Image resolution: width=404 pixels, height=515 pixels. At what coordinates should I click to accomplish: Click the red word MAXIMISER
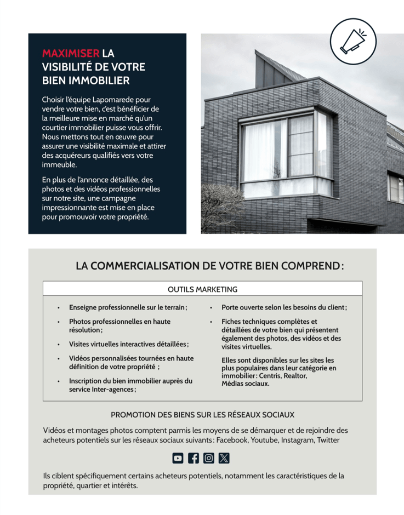[x=71, y=54]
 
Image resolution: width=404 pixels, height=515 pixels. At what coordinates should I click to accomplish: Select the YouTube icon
[x=178, y=458]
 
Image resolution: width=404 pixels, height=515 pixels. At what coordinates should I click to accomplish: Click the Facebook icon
[x=194, y=458]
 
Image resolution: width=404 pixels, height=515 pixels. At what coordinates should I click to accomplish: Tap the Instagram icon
[x=209, y=458]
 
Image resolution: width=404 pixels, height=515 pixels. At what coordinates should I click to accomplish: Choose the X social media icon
[x=224, y=458]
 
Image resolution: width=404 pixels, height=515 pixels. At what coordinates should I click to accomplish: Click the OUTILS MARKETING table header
[x=202, y=289]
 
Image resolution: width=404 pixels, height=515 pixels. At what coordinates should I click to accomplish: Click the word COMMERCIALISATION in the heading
[x=145, y=266]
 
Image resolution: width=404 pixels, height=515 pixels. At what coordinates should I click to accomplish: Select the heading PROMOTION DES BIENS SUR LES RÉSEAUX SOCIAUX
[x=202, y=415]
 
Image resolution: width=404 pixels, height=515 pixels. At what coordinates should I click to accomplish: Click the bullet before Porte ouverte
[x=210, y=308]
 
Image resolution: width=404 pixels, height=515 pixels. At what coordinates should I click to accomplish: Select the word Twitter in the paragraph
[x=328, y=440]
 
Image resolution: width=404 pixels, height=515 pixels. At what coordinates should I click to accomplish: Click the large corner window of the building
[x=285, y=151]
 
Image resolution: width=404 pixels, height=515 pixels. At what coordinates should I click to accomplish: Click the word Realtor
[x=296, y=376]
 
